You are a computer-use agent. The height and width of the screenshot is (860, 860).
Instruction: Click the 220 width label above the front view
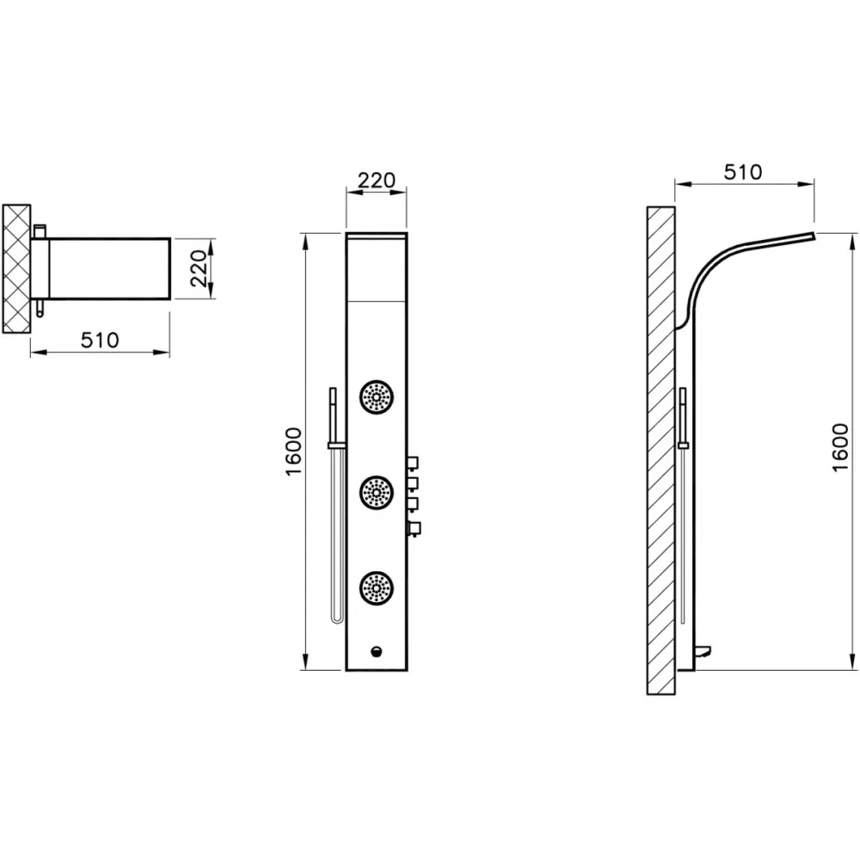coord(377,180)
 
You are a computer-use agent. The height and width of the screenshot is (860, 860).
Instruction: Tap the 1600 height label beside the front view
coord(294,451)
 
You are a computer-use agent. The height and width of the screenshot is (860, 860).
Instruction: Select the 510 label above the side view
coord(743,172)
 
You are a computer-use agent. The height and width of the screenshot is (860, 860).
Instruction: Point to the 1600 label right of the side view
coord(840,447)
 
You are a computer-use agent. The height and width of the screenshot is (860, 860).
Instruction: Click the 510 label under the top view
coord(100,340)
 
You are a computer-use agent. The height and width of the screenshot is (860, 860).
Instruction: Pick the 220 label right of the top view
coord(200,268)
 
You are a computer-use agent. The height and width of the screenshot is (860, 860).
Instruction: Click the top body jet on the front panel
coord(377,397)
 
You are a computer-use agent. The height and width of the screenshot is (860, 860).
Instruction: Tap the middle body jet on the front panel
coord(377,493)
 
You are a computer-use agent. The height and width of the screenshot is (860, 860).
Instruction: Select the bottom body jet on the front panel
coord(377,588)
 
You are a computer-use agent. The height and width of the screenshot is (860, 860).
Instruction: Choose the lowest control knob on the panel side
coord(415,528)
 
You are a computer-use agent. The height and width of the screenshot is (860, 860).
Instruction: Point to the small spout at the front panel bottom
coord(377,651)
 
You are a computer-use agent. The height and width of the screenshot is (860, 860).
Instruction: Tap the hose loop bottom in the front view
coord(338,619)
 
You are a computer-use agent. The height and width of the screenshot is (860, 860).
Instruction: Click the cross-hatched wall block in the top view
coord(16,268)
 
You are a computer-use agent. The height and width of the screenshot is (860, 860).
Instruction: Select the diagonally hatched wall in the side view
coord(660,451)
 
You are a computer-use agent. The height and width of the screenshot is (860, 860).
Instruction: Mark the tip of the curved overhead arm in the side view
coord(814,236)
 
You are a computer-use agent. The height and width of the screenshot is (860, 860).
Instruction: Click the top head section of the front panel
coord(377,267)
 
